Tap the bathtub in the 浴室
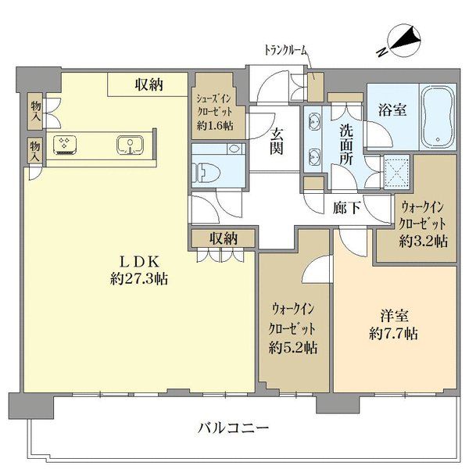click(x=438, y=117)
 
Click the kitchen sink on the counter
click(x=130, y=145)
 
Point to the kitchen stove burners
click(x=64, y=145)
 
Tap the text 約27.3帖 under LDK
click(x=139, y=279)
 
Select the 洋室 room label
click(x=394, y=316)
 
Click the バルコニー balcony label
click(x=233, y=428)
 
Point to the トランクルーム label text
click(x=286, y=50)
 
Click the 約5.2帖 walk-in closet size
click(x=293, y=348)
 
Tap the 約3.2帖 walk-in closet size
click(x=423, y=241)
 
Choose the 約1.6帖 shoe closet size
click(x=215, y=126)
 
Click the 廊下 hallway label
click(x=347, y=207)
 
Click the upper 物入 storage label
click(x=36, y=111)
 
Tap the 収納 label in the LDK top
click(x=149, y=85)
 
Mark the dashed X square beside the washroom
click(x=397, y=171)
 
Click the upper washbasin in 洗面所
click(x=313, y=122)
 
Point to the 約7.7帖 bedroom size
click(x=394, y=333)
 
